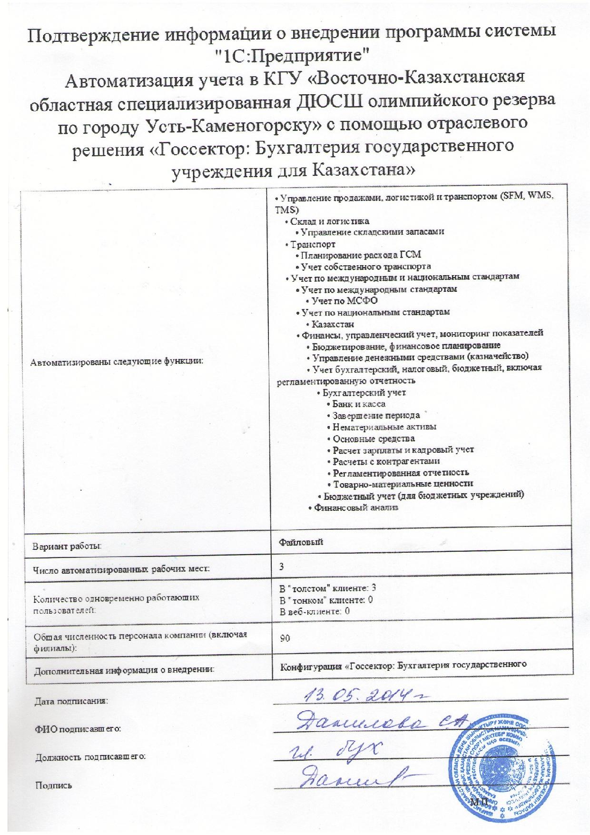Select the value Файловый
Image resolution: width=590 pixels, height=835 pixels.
click(301, 542)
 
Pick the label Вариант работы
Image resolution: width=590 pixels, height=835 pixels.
click(67, 547)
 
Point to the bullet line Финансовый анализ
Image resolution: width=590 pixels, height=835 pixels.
click(353, 507)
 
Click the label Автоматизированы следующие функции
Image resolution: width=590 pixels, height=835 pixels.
click(117, 361)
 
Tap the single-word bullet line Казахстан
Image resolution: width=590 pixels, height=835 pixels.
click(333, 324)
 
